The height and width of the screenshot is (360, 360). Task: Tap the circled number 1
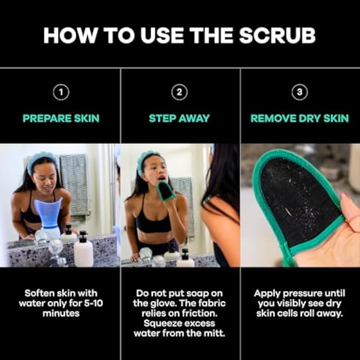[61, 93]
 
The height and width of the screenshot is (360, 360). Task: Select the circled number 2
[179, 93]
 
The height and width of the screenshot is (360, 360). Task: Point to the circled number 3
[300, 93]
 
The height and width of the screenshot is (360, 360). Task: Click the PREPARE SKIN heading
[61, 118]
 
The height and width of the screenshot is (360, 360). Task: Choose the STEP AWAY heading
[179, 118]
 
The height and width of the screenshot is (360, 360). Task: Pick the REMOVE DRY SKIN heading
[300, 118]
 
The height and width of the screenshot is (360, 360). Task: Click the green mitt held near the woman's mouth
[166, 191]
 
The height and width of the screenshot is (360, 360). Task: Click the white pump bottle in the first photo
[83, 250]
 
